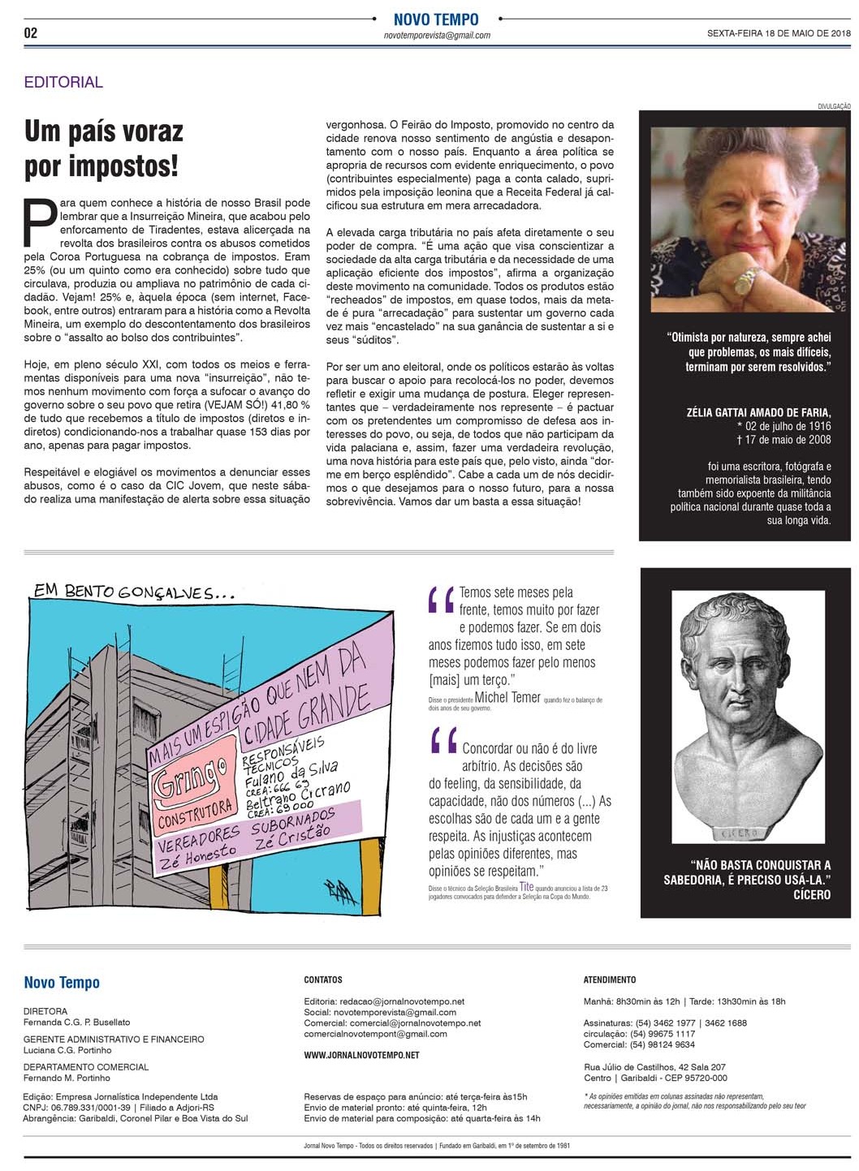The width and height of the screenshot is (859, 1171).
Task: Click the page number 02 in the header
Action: pyautogui.click(x=31, y=32)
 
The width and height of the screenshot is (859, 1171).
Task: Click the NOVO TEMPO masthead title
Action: pyautogui.click(x=436, y=19)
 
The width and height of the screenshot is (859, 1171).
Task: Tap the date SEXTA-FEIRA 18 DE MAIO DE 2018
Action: pyautogui.click(x=779, y=33)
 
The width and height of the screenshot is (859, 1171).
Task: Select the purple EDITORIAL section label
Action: pyautogui.click(x=63, y=82)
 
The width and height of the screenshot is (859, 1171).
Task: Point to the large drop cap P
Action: pyautogui.click(x=40, y=220)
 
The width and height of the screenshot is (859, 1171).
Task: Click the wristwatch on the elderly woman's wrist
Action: pyautogui.click(x=745, y=281)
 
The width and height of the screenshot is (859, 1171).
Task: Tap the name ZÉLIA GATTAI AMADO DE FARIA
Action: pyautogui.click(x=758, y=412)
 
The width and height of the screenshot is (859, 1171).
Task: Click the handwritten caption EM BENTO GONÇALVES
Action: pyautogui.click(x=134, y=591)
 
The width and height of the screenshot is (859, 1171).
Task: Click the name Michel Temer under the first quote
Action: pyautogui.click(x=507, y=697)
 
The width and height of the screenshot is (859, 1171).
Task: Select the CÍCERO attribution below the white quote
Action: pyautogui.click(x=811, y=894)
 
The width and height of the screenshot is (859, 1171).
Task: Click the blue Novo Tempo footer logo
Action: pyautogui.click(x=62, y=983)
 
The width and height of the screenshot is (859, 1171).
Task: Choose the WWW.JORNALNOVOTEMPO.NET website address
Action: pyautogui.click(x=361, y=1055)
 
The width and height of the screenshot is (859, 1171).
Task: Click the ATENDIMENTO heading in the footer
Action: pyautogui.click(x=609, y=979)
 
